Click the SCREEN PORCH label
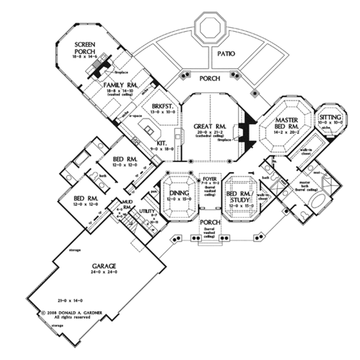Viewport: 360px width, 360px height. (84, 48)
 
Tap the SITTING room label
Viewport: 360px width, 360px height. (330, 117)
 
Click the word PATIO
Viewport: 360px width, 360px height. (227, 54)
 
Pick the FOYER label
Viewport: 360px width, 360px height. (210, 178)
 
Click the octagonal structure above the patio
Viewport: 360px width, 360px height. (210, 28)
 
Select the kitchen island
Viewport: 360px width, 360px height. (149, 133)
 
